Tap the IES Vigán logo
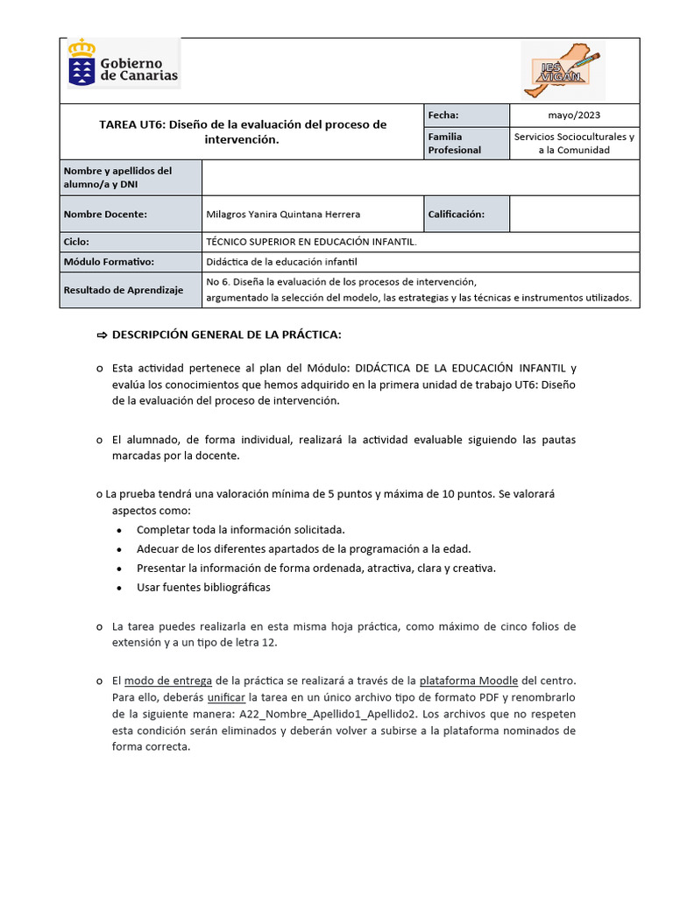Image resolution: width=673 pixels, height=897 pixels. [x=562, y=70]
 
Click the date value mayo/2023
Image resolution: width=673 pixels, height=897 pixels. [x=574, y=115]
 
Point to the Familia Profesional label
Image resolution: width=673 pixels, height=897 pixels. [x=454, y=143]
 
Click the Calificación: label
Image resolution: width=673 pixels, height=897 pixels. [x=456, y=214]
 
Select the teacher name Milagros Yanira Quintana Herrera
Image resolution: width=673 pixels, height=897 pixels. [x=282, y=214]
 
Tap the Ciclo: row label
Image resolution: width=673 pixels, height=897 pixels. [x=77, y=241]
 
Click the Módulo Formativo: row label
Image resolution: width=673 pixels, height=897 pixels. [x=109, y=261]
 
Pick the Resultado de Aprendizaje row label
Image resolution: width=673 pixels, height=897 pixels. [x=124, y=290]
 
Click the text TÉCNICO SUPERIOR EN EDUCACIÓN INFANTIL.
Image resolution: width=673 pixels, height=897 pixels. [x=311, y=241]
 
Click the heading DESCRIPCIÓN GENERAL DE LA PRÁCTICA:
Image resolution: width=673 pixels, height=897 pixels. [x=225, y=335]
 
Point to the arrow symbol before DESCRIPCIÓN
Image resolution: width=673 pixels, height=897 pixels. [x=100, y=335]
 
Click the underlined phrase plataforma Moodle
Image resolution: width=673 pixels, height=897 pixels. [x=469, y=681]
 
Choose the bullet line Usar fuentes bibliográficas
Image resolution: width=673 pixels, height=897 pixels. [x=204, y=587]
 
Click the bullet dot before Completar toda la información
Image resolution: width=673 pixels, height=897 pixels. [x=119, y=530]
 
